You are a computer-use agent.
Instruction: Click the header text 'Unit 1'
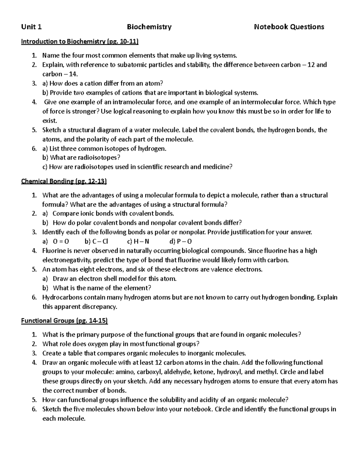pyautogui.click(x=31, y=27)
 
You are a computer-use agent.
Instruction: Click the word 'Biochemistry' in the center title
pyautogui.click(x=149, y=27)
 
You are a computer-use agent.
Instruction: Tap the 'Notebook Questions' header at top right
pyautogui.click(x=289, y=27)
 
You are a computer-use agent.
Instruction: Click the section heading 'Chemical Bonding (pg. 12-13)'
pyautogui.click(x=64, y=181)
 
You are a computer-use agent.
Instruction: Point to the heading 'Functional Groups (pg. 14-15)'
pyautogui.click(x=64, y=321)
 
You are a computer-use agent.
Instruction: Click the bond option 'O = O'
pyautogui.click(x=61, y=242)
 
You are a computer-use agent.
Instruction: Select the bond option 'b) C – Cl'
pyautogui.click(x=96, y=242)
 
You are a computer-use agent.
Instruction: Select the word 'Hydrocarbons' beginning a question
pyautogui.click(x=62, y=297)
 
